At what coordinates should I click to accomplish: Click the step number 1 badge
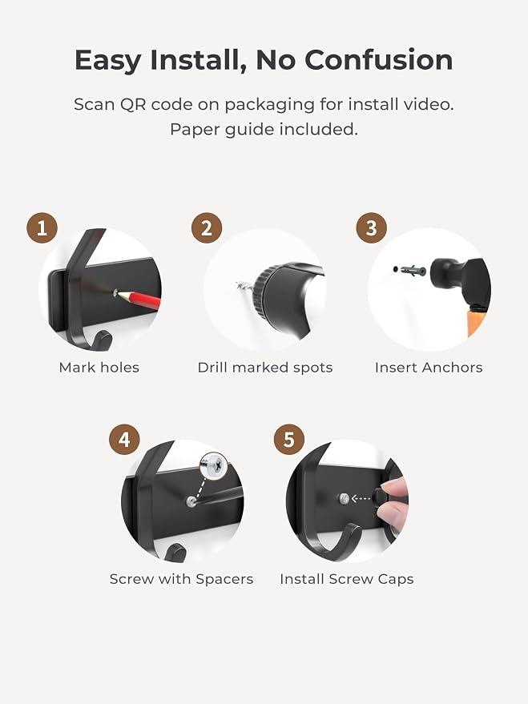[x=42, y=228]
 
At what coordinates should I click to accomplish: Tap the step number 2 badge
[x=207, y=228]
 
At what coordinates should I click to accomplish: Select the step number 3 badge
[x=371, y=228]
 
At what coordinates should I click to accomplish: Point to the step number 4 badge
[x=124, y=440]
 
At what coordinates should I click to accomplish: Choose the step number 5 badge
[x=289, y=440]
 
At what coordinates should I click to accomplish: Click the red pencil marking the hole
[x=139, y=299]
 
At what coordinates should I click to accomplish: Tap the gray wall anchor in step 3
[x=412, y=271]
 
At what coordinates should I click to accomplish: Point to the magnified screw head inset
[x=214, y=465]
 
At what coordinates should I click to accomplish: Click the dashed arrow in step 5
[x=361, y=498]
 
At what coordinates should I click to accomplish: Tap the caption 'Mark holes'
[x=99, y=368]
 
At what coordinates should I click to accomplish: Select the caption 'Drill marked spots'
[x=265, y=368]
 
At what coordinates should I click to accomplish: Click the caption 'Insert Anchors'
[x=429, y=368]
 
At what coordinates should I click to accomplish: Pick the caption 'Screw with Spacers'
[x=181, y=579]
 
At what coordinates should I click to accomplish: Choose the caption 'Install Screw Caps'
[x=347, y=579]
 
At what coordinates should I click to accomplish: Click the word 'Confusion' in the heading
[x=379, y=60]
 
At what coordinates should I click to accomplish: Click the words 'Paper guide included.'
[x=264, y=130]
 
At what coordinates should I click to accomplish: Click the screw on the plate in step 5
[x=344, y=498]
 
